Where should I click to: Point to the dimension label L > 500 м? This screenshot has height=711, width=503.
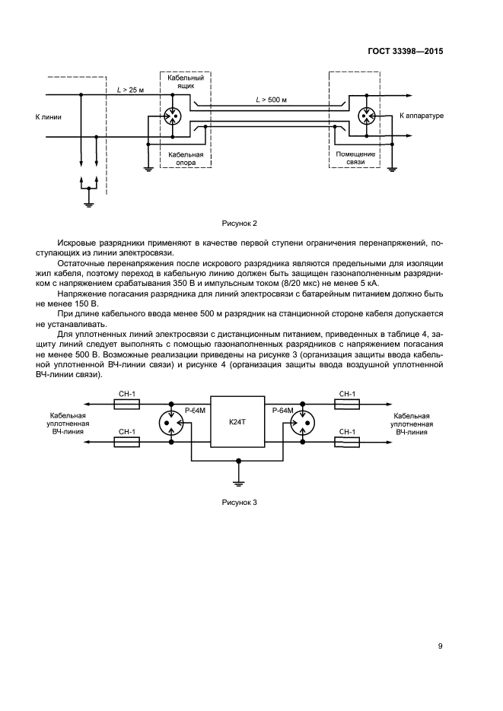pos(272,100)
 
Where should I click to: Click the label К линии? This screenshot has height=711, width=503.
pos(49,117)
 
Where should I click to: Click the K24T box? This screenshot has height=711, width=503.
pos(239,421)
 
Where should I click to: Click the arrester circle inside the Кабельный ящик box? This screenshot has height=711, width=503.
pos(173,116)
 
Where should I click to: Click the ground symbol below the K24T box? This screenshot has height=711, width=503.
pos(239,481)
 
